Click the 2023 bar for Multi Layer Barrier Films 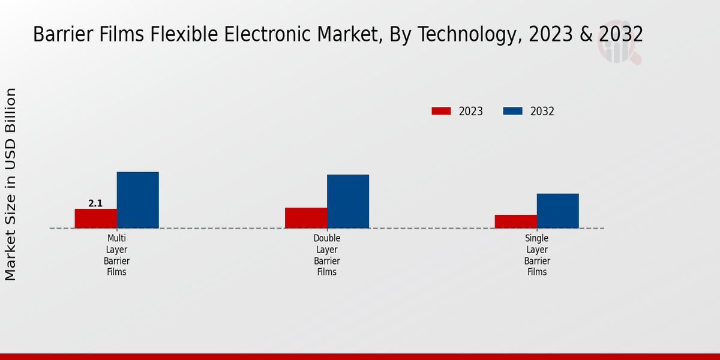[x=95, y=218]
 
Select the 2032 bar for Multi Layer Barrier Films [x=137, y=200]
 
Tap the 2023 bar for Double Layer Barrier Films [x=306, y=218]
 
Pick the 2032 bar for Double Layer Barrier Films [x=348, y=201]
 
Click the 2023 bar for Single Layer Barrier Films [x=516, y=221]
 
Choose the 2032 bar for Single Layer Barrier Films [x=558, y=211]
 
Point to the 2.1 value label [x=95, y=203]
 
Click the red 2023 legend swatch [x=441, y=111]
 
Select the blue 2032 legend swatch [x=512, y=111]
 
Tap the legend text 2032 [x=542, y=112]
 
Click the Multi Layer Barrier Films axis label [x=116, y=255]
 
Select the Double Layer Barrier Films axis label [x=327, y=255]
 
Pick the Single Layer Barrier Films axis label [x=537, y=255]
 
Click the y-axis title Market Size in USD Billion [x=11, y=184]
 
